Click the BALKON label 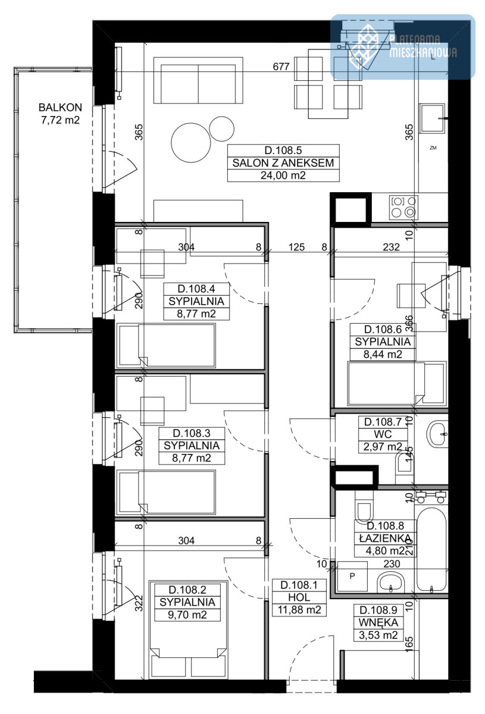[60, 108]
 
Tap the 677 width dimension [281, 67]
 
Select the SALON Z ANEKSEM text [283, 163]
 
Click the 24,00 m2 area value [283, 176]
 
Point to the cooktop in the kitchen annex [403, 208]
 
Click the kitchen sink [432, 118]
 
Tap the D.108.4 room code [196, 289]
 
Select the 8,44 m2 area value [383, 354]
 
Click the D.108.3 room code [192, 433]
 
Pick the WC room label [383, 434]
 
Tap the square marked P [352, 576]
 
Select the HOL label [299, 597]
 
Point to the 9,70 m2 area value [187, 615]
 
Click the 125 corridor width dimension [296, 247]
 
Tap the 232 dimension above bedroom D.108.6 [391, 247]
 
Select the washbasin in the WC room [437, 434]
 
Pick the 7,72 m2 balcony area [60, 120]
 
